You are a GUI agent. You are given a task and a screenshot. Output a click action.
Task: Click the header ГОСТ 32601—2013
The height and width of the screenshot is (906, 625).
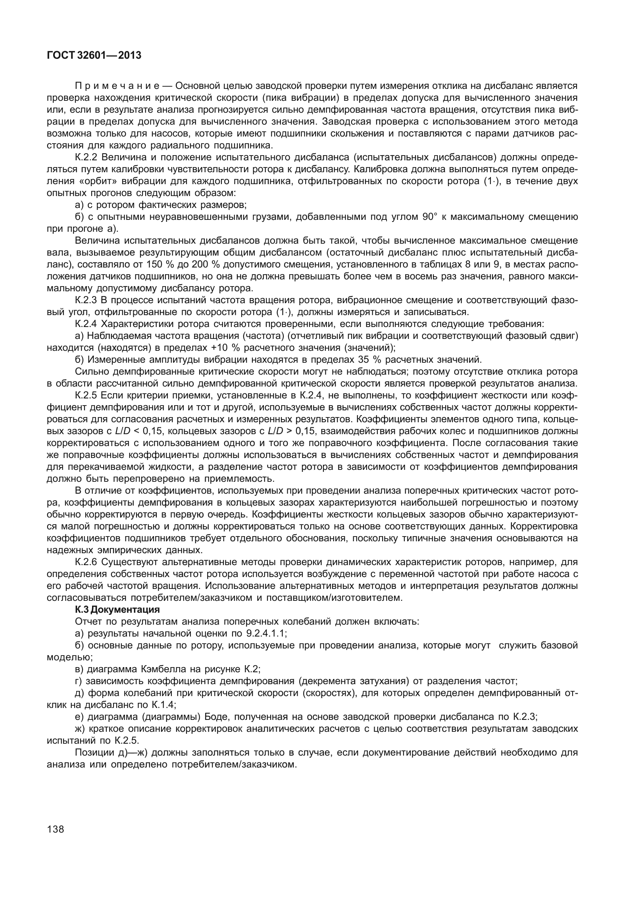94,56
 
